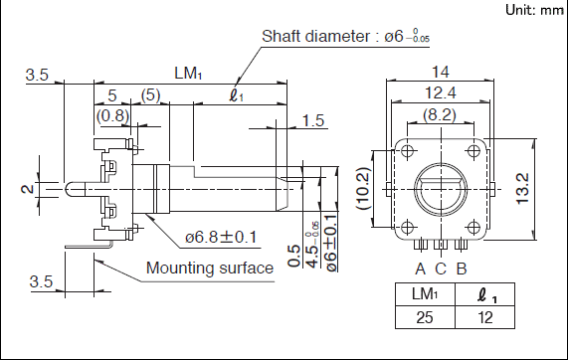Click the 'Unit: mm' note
coord(534,10)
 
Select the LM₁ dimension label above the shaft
coord(188,74)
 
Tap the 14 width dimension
coord(440,72)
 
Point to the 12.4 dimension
coord(440,93)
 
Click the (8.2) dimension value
coord(440,114)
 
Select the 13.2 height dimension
coord(523,189)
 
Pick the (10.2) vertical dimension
coord(364,188)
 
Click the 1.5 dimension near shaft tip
coord(313,120)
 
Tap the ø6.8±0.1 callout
coord(221,238)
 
